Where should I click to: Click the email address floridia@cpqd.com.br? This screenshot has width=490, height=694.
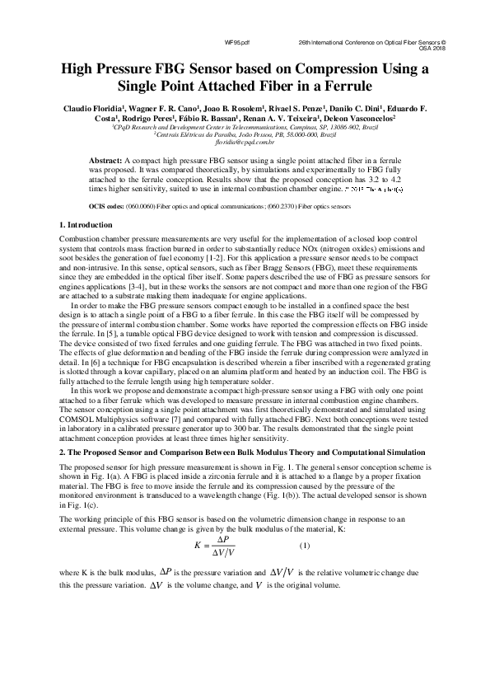pyautogui.click(x=245, y=141)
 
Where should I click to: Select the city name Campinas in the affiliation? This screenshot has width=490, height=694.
pyautogui.click(x=284, y=128)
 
